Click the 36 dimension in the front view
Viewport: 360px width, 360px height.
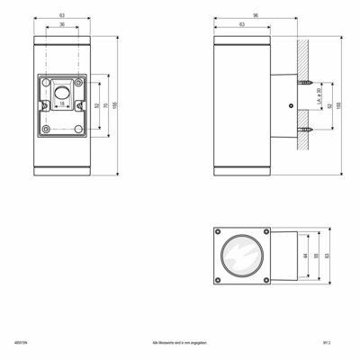tap(61, 24)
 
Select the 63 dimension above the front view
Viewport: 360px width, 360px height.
tap(61, 15)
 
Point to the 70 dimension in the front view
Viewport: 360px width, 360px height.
tap(107, 105)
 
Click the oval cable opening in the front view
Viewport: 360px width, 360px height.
tap(61, 94)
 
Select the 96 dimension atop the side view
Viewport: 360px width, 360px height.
tap(255, 15)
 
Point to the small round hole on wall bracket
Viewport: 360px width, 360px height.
tap(289, 106)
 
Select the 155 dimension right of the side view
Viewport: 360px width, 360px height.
tap(339, 105)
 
